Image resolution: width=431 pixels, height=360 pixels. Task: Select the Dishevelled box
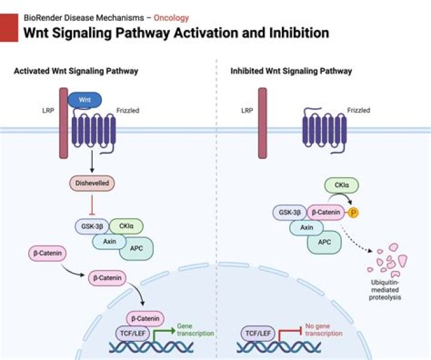(x=92, y=184)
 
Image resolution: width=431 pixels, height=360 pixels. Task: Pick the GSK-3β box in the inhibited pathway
(x=289, y=212)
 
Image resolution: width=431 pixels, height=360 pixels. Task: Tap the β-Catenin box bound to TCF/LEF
(x=145, y=319)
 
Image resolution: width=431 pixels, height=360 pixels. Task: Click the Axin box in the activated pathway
(x=109, y=241)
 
